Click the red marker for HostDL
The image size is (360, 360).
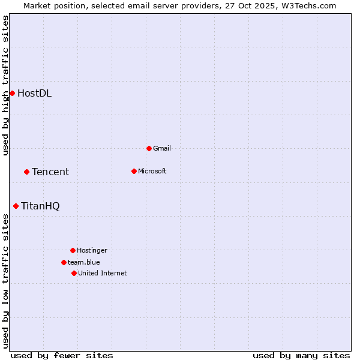click(12, 93)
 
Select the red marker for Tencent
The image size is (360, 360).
click(26, 172)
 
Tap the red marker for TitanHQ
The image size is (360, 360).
click(16, 206)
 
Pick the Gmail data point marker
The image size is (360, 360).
click(149, 148)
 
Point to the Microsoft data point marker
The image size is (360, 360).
click(134, 171)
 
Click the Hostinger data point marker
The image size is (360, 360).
click(73, 250)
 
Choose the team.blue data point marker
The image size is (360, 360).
click(64, 262)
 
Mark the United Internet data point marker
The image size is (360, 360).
click(74, 273)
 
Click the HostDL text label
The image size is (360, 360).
click(34, 93)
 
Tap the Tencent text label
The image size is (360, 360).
click(50, 172)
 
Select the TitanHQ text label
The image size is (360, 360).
click(40, 206)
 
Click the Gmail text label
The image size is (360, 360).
click(162, 148)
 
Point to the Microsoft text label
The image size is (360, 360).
click(152, 171)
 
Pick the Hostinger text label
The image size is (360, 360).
click(92, 250)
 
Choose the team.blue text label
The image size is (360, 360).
click(84, 262)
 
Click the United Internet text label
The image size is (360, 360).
click(103, 273)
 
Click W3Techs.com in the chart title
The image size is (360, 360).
click(308, 5)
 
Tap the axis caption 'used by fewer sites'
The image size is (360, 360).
click(62, 355)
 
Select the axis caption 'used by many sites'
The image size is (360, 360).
click(301, 355)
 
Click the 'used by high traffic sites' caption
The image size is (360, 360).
click(5, 85)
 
